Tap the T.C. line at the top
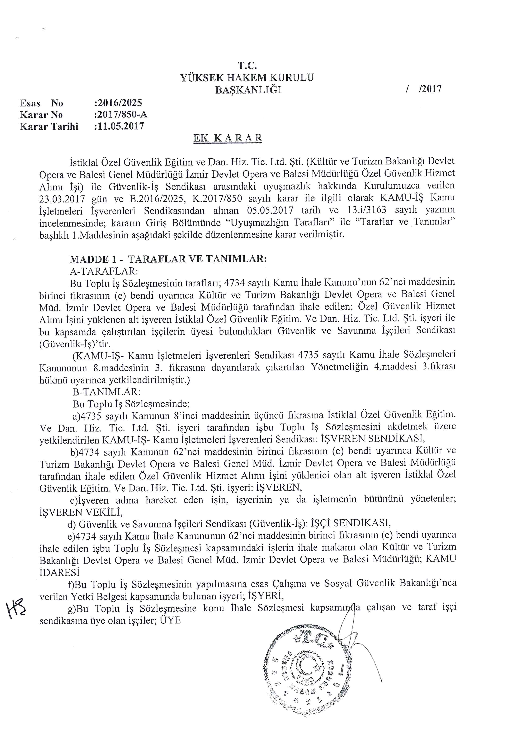[247, 66]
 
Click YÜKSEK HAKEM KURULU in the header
[247, 77]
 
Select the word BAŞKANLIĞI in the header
[248, 90]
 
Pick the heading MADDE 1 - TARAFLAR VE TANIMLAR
[168, 259]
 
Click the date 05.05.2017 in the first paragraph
[270, 210]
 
